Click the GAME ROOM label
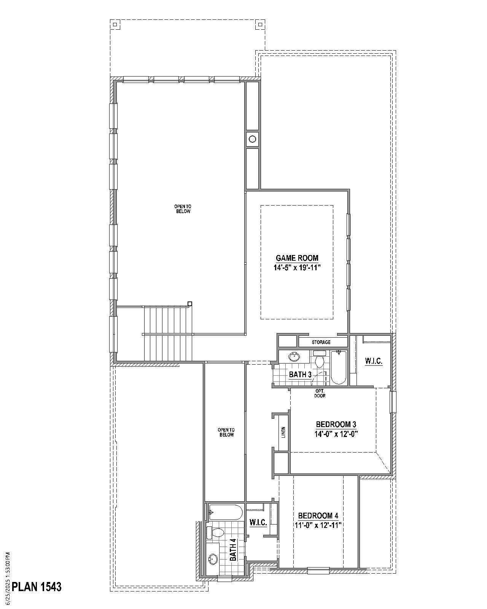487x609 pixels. click(x=297, y=258)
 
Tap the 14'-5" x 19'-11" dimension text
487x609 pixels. click(x=297, y=268)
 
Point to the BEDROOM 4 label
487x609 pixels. click(x=318, y=515)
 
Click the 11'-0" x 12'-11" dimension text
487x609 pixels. click(x=318, y=525)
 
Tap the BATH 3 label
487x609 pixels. click(x=300, y=375)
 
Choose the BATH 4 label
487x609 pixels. click(x=232, y=550)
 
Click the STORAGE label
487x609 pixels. click(x=321, y=342)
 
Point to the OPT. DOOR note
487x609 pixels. click(x=320, y=393)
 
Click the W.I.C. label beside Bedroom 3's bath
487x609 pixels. click(x=374, y=361)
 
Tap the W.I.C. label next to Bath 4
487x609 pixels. click(x=258, y=522)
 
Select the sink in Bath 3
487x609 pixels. click(x=294, y=357)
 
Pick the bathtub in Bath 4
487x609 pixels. click(x=226, y=512)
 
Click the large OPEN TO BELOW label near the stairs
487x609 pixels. click(x=183, y=209)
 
